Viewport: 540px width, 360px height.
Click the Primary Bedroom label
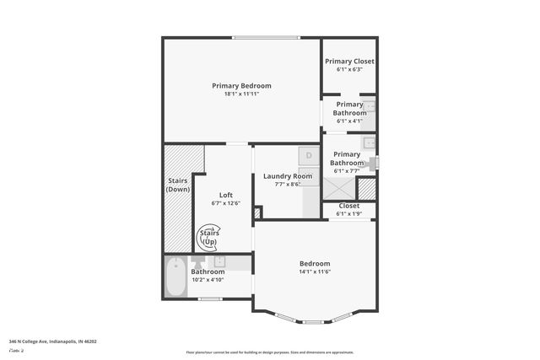pos(241,86)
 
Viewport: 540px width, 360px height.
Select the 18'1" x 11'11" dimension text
pos(241,94)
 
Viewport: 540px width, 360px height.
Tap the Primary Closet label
pos(349,62)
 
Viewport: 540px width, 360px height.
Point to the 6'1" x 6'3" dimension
pos(349,69)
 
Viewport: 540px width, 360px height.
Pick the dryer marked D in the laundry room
pos(309,156)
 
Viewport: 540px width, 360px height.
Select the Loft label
pos(225,195)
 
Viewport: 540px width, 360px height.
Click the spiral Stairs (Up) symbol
pos(208,237)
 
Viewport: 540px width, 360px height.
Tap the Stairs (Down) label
pos(178,185)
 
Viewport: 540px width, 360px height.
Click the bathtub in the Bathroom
pos(175,277)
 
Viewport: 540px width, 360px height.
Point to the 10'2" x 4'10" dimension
pos(208,279)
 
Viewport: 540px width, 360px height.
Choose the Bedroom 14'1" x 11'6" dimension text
pos(314,271)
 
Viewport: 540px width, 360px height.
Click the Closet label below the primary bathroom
pos(348,206)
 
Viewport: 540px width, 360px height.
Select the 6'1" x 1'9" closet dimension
pos(348,213)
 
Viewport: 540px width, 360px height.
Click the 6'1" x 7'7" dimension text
pos(348,170)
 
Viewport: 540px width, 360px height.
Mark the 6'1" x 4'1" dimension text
pos(349,121)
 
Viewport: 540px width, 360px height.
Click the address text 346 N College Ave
pos(53,341)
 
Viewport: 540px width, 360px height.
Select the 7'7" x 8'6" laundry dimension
pos(282,184)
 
